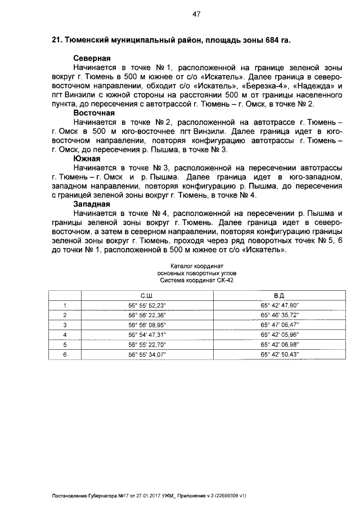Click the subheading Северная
click(92, 58)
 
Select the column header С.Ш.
click(147, 295)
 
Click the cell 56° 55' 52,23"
click(147, 305)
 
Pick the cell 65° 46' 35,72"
click(280, 315)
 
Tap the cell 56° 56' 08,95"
click(147, 325)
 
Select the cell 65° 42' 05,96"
click(280, 335)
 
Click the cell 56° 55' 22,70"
click(147, 344)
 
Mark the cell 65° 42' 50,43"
click(280, 354)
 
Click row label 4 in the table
click(65, 335)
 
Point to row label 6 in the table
click(65, 354)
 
